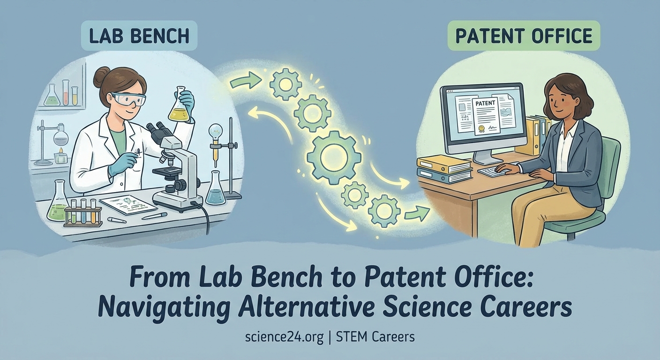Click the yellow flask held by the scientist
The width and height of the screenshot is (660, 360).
(x=178, y=106)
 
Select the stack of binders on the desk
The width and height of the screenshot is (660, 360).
(x=443, y=169)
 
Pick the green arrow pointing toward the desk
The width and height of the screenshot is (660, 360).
(x=416, y=214)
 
